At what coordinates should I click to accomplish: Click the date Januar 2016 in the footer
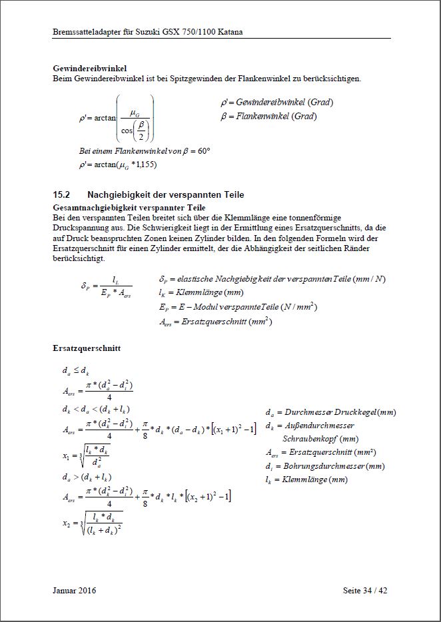(x=73, y=590)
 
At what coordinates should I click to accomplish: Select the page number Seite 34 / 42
(x=364, y=590)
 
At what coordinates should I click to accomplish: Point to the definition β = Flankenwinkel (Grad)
(x=268, y=116)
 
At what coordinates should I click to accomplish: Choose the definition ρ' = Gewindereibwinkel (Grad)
(x=276, y=103)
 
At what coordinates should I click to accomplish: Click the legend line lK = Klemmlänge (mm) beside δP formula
(x=201, y=293)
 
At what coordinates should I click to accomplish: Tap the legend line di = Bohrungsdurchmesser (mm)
(x=324, y=466)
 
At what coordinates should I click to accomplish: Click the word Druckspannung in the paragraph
(x=81, y=228)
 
